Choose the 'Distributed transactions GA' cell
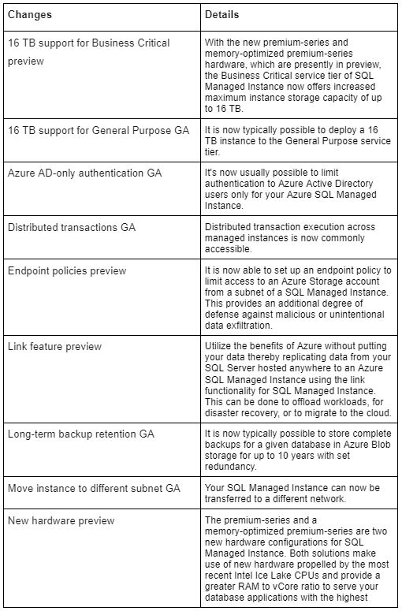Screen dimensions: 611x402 tap(72, 227)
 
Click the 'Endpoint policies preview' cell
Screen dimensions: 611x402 tap(67, 270)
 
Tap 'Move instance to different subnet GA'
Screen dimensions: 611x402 tap(94, 488)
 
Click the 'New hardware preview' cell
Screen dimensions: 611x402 tap(61, 520)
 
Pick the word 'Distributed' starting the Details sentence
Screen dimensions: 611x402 tap(229, 227)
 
